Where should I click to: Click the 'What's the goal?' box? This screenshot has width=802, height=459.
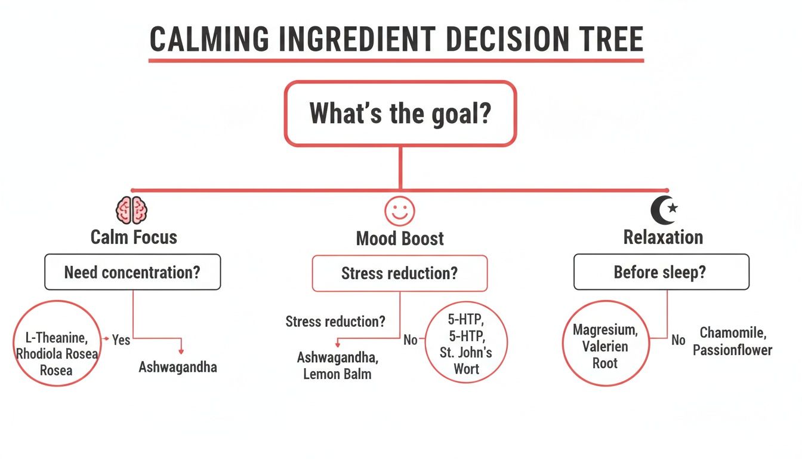pyautogui.click(x=400, y=114)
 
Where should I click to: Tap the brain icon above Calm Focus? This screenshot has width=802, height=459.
pyautogui.click(x=132, y=210)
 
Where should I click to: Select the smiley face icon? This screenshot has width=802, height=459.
pyautogui.click(x=399, y=211)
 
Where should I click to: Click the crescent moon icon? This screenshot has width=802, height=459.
pyautogui.click(x=663, y=210)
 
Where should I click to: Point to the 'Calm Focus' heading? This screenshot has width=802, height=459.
pyautogui.click(x=134, y=237)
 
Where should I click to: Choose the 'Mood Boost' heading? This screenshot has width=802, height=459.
pyautogui.click(x=400, y=239)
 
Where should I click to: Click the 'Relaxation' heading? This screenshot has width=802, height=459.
pyautogui.click(x=663, y=237)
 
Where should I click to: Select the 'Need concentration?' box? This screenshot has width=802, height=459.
pyautogui.click(x=132, y=273)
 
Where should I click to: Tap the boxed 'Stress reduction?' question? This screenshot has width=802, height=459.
pyautogui.click(x=400, y=274)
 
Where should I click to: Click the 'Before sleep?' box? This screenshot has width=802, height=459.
pyautogui.click(x=661, y=273)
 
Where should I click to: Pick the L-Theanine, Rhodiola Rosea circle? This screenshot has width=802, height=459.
pyautogui.click(x=57, y=344)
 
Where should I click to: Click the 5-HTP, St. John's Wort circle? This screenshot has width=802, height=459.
pyautogui.click(x=466, y=341)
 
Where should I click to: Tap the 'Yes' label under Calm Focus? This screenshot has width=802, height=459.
pyautogui.click(x=121, y=339)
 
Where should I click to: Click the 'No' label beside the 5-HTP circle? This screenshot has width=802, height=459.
pyautogui.click(x=410, y=339)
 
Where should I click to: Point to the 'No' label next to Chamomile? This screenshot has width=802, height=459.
pyautogui.click(x=678, y=339)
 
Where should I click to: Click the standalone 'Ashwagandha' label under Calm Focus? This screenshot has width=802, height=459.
pyautogui.click(x=178, y=367)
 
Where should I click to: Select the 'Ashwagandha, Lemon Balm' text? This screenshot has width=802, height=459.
pyautogui.click(x=337, y=366)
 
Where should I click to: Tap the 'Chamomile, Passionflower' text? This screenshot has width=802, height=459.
pyautogui.click(x=732, y=341)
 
